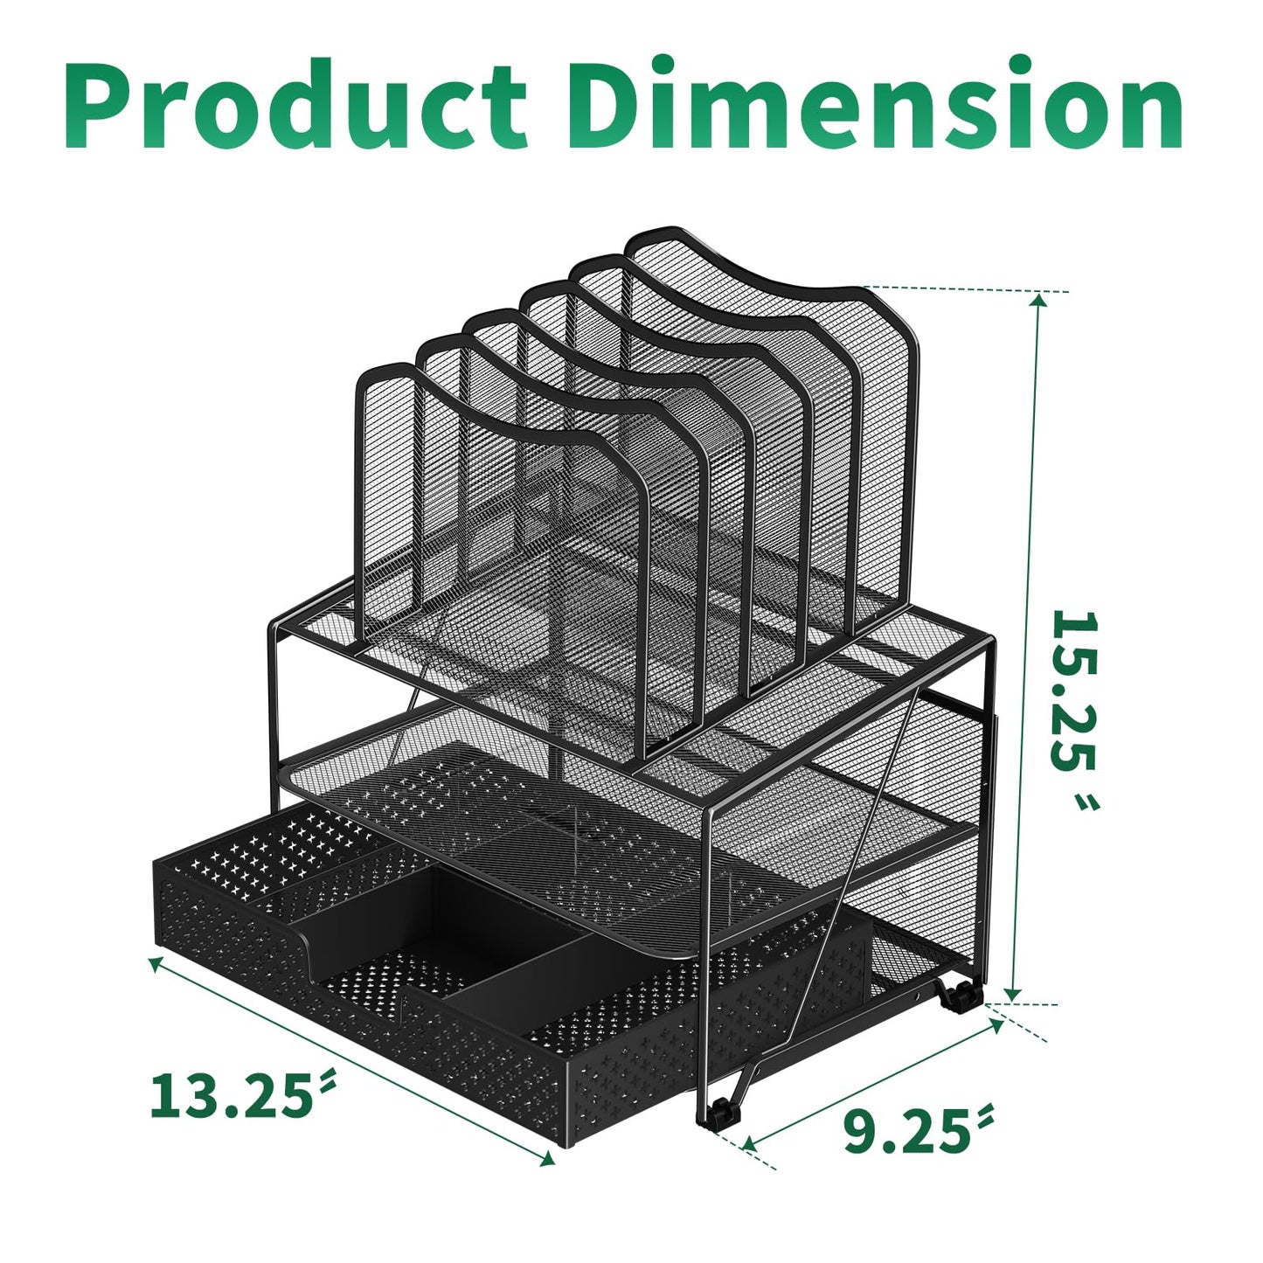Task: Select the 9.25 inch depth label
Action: tap(909, 1131)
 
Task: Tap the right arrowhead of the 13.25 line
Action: tap(548, 1160)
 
